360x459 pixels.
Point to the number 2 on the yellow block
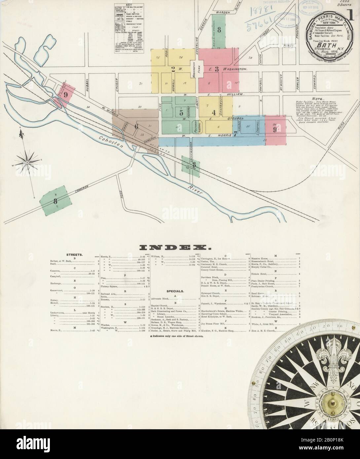[173, 69]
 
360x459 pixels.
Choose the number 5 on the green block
[181, 113]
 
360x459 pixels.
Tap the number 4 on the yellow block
[214, 112]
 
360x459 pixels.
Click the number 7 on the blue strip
[235, 134]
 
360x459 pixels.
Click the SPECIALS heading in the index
[175, 291]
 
